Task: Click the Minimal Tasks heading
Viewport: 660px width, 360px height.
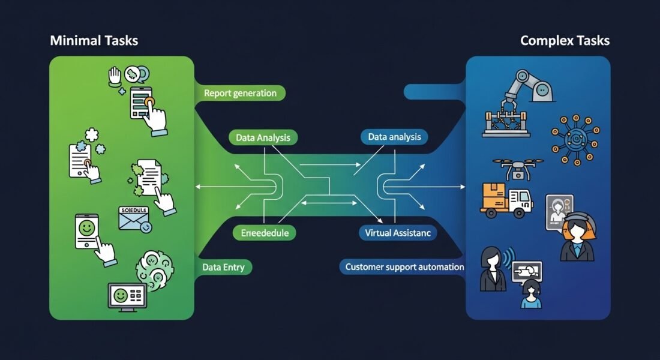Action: point(94,41)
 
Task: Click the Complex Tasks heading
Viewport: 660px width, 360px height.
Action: point(565,41)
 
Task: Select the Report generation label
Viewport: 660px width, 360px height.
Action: point(240,93)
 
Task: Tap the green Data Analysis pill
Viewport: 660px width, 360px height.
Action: point(263,137)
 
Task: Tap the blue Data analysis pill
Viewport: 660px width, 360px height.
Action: point(394,137)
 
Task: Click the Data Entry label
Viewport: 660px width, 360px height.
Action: point(223,267)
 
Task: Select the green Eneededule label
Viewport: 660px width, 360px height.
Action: point(264,232)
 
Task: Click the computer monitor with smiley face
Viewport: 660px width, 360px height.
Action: point(127,296)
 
